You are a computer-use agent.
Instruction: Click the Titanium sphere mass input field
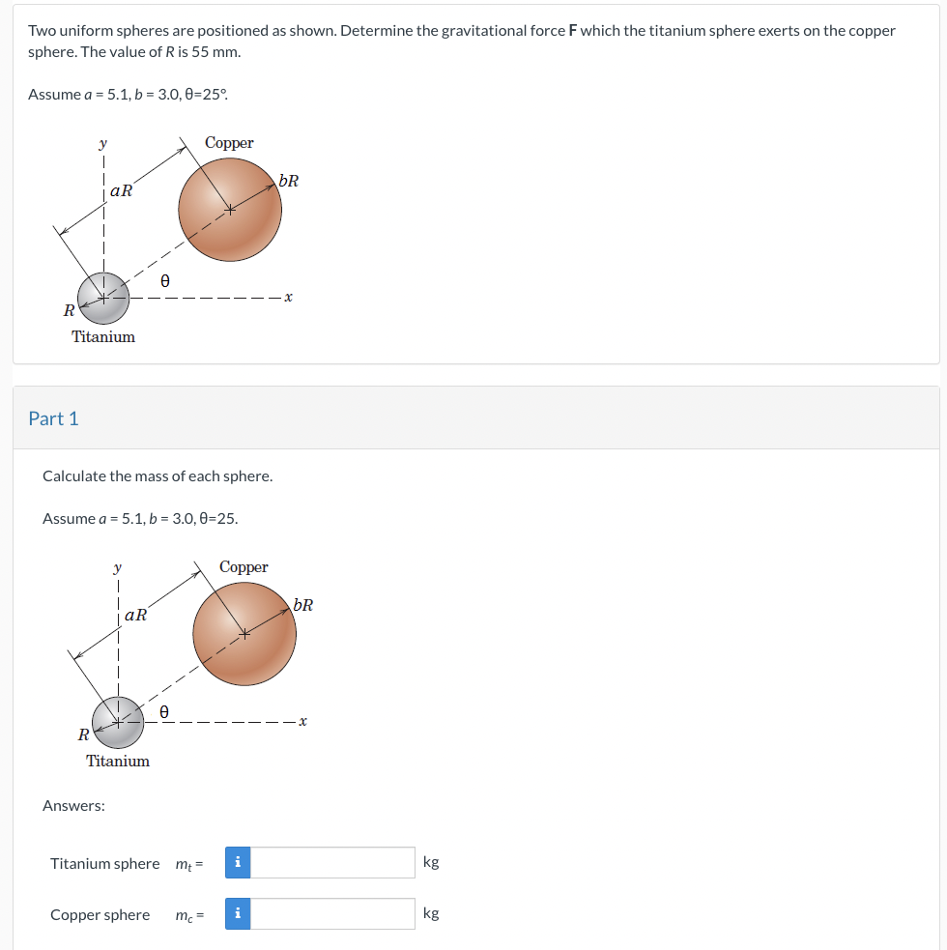click(x=332, y=862)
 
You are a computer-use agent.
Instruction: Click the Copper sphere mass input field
click(x=332, y=913)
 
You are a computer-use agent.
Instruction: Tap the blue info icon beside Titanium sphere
click(x=238, y=862)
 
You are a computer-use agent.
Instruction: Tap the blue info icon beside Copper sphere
click(x=238, y=913)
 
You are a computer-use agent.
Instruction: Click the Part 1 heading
click(x=53, y=418)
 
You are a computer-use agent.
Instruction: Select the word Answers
click(x=73, y=805)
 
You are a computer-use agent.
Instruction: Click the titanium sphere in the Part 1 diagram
click(x=118, y=722)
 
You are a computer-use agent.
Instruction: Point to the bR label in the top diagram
click(x=288, y=181)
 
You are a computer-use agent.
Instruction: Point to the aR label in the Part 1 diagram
click(x=135, y=615)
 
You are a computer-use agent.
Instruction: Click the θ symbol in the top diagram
click(x=165, y=281)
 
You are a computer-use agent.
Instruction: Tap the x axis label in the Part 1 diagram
click(x=303, y=721)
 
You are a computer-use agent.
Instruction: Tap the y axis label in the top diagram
click(x=103, y=144)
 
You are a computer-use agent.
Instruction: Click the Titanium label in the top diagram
click(x=103, y=336)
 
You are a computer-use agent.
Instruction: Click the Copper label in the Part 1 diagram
click(x=244, y=567)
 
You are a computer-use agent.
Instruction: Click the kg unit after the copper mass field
click(x=431, y=913)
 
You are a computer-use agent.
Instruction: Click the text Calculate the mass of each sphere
click(x=158, y=475)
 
